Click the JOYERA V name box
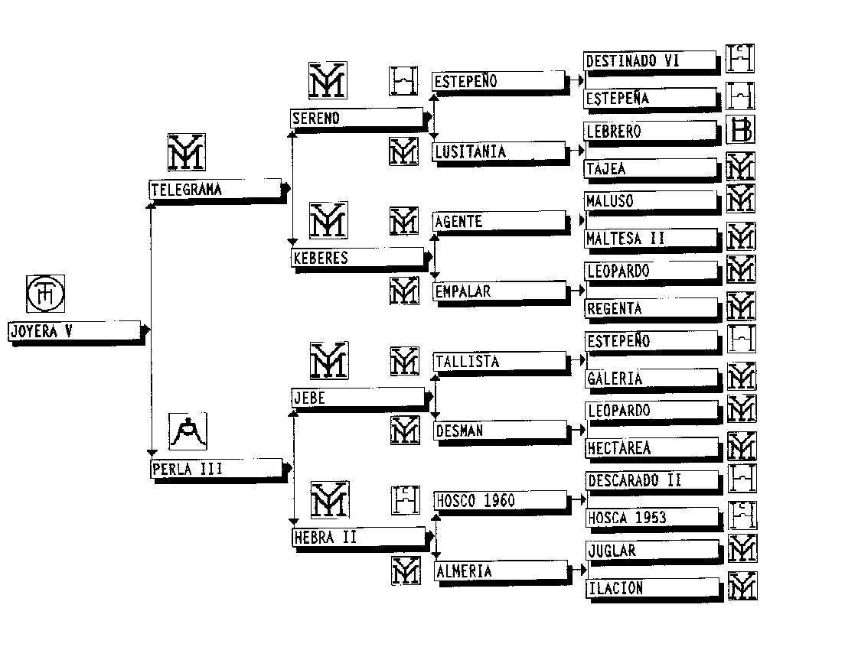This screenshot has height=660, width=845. click(x=74, y=331)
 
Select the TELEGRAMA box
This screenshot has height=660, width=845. click(x=215, y=190)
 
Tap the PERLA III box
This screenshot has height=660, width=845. click(x=217, y=469)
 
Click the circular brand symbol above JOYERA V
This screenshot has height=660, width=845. click(x=46, y=294)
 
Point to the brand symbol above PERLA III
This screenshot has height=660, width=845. click(x=188, y=432)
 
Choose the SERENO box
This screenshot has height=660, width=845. click(x=357, y=119)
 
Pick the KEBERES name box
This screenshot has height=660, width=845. click(x=357, y=258)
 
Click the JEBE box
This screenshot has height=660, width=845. click(x=357, y=397)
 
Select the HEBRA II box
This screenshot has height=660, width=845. click(x=358, y=537)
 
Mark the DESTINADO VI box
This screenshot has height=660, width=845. click(x=650, y=61)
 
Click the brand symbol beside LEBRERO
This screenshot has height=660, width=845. click(x=740, y=130)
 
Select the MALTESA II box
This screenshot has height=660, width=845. click(x=651, y=239)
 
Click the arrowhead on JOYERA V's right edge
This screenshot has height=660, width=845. click(x=145, y=330)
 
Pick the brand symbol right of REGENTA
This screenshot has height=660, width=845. click(x=740, y=307)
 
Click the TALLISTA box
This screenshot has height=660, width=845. click(x=499, y=362)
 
